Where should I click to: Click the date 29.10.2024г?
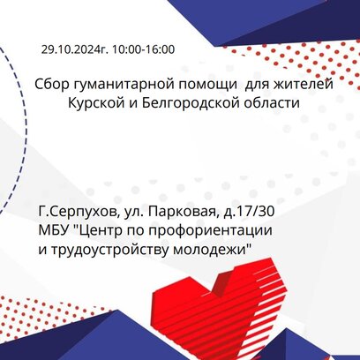[x=75, y=49]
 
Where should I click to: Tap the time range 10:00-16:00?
[x=143, y=49]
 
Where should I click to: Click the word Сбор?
[x=51, y=85]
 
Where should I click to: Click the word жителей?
[x=304, y=85]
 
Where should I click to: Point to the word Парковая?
[x=184, y=212]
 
